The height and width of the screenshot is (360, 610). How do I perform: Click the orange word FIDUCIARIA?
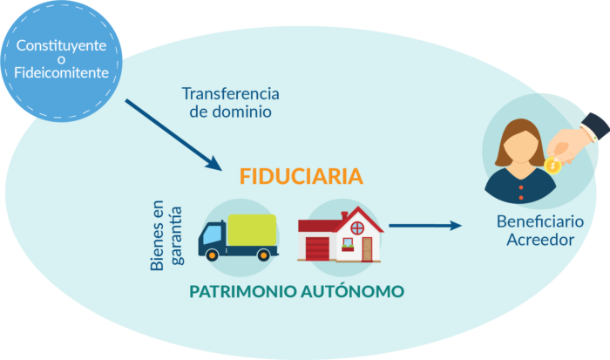pyautogui.click(x=302, y=176)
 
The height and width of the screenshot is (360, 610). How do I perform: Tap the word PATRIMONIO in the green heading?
pyautogui.click(x=243, y=291)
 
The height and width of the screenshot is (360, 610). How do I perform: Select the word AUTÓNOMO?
pyautogui.click(x=352, y=291)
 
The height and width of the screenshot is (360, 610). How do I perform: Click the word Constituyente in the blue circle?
pyautogui.click(x=61, y=45)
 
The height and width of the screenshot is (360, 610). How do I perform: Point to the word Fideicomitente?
pyautogui.click(x=62, y=72)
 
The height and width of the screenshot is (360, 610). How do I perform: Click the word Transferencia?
pyautogui.click(x=231, y=94)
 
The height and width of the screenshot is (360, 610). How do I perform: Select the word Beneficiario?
pyautogui.click(x=540, y=221)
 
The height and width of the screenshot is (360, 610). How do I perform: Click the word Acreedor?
pyautogui.click(x=540, y=240)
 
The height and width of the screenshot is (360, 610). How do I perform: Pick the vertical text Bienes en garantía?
pyautogui.click(x=166, y=235)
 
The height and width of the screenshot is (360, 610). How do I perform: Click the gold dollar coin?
pyautogui.click(x=552, y=166)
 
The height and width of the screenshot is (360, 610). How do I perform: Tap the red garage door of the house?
pyautogui.click(x=317, y=248)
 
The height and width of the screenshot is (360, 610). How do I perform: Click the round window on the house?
pyautogui.click(x=357, y=228)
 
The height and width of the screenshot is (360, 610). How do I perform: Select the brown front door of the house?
pyautogui.click(x=367, y=249)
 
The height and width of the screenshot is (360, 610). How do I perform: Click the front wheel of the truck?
pyautogui.click(x=212, y=255)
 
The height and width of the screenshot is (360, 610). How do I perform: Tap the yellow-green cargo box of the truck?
pyautogui.click(x=252, y=230)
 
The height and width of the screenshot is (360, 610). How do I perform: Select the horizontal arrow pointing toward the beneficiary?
pyautogui.click(x=425, y=226)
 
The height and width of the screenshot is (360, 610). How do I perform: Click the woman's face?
pyautogui.click(x=521, y=146)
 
